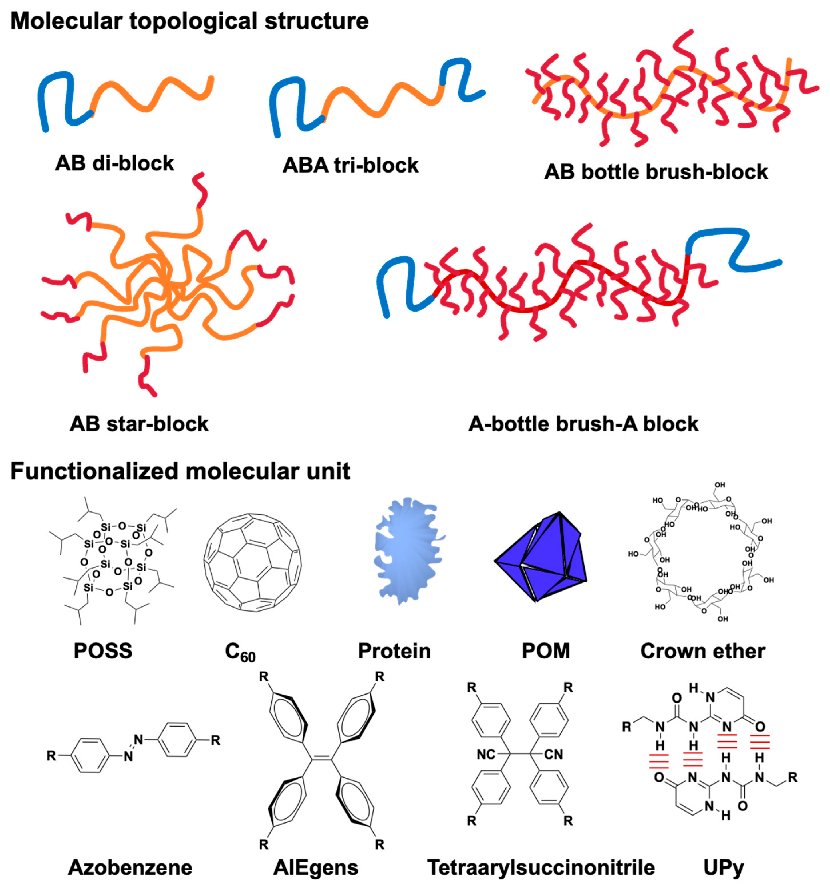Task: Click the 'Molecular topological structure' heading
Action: (x=189, y=21)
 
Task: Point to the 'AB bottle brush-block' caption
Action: (x=656, y=172)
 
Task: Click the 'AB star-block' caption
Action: (x=139, y=424)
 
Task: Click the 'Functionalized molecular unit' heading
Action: (x=180, y=471)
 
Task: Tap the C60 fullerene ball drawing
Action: (x=252, y=562)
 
